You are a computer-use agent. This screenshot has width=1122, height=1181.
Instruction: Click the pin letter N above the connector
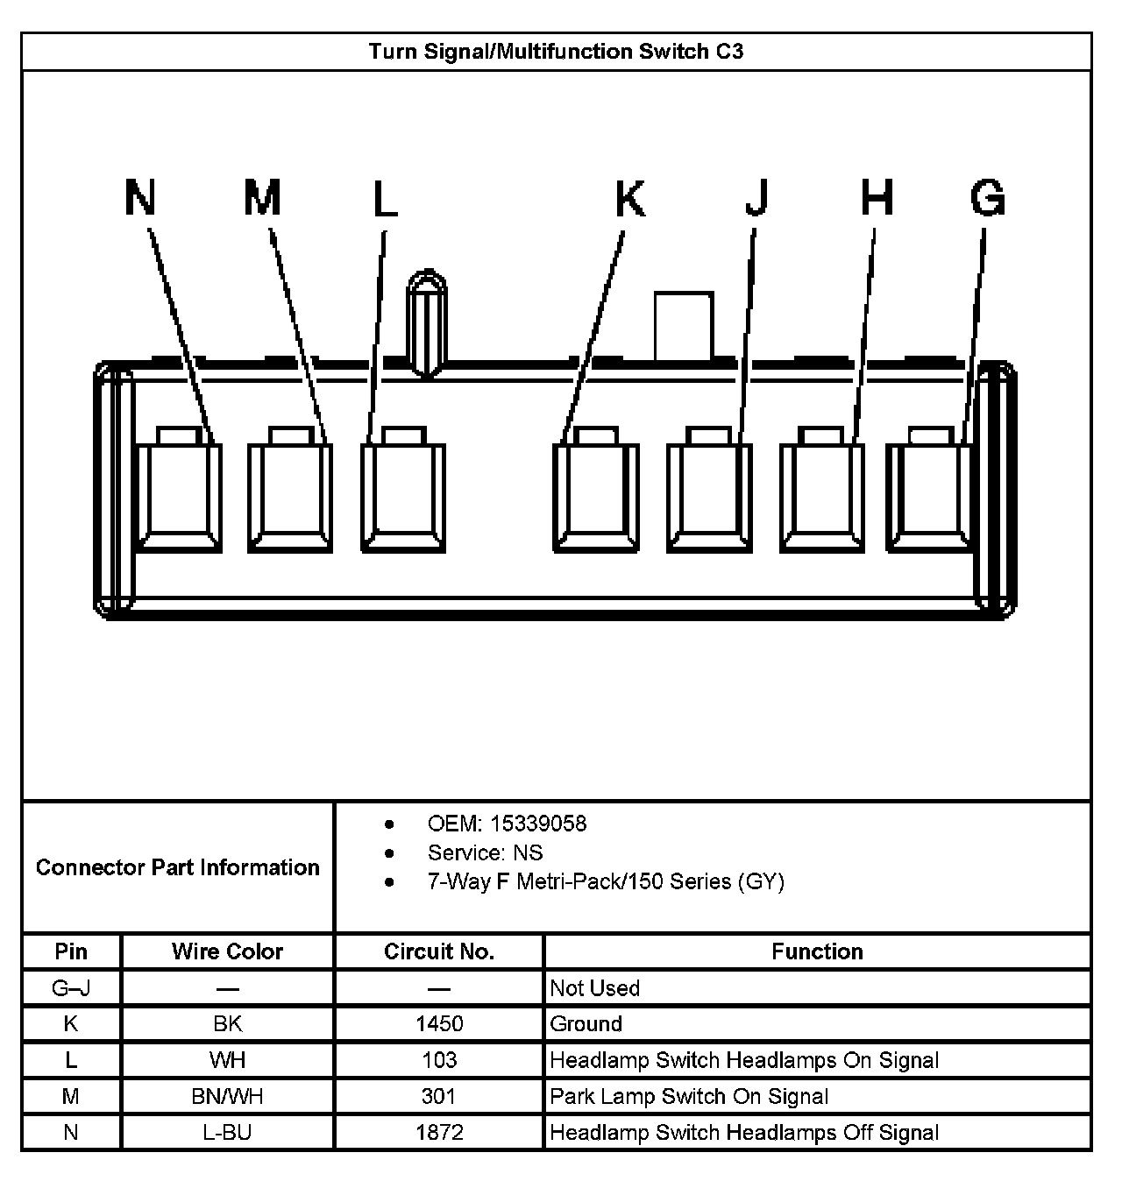[x=140, y=197]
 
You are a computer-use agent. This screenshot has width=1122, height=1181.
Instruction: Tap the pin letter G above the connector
[x=987, y=197]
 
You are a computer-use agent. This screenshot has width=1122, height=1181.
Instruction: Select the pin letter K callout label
[x=629, y=199]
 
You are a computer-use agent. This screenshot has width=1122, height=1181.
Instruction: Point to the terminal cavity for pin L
[x=403, y=495]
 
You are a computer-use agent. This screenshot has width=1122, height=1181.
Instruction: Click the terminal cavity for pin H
[x=822, y=495]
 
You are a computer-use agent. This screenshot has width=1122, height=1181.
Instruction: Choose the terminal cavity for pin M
[x=290, y=495]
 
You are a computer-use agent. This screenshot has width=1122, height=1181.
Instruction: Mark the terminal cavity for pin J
[x=709, y=495]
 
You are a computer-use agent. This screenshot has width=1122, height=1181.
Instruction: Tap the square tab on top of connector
[x=684, y=326]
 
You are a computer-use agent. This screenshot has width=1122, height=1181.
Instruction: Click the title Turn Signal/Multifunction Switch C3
[x=556, y=52]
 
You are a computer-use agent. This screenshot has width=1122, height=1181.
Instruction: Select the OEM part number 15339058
[x=538, y=824]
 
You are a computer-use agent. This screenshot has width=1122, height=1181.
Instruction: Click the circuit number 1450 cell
[x=439, y=1023]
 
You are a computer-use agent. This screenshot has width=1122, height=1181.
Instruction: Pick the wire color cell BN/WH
[x=227, y=1096]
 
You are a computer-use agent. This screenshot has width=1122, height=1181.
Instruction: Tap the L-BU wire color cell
[x=227, y=1132]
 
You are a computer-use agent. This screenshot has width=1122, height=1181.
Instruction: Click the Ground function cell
[x=586, y=1023]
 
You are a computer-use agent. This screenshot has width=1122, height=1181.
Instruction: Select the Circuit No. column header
[x=439, y=951]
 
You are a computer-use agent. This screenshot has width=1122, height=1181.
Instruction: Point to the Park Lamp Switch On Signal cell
[x=688, y=1096]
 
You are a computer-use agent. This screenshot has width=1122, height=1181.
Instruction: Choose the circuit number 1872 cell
[x=439, y=1132]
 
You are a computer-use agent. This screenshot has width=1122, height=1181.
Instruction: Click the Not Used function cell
[x=594, y=988]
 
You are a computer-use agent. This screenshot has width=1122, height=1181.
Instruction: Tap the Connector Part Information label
[x=178, y=867]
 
